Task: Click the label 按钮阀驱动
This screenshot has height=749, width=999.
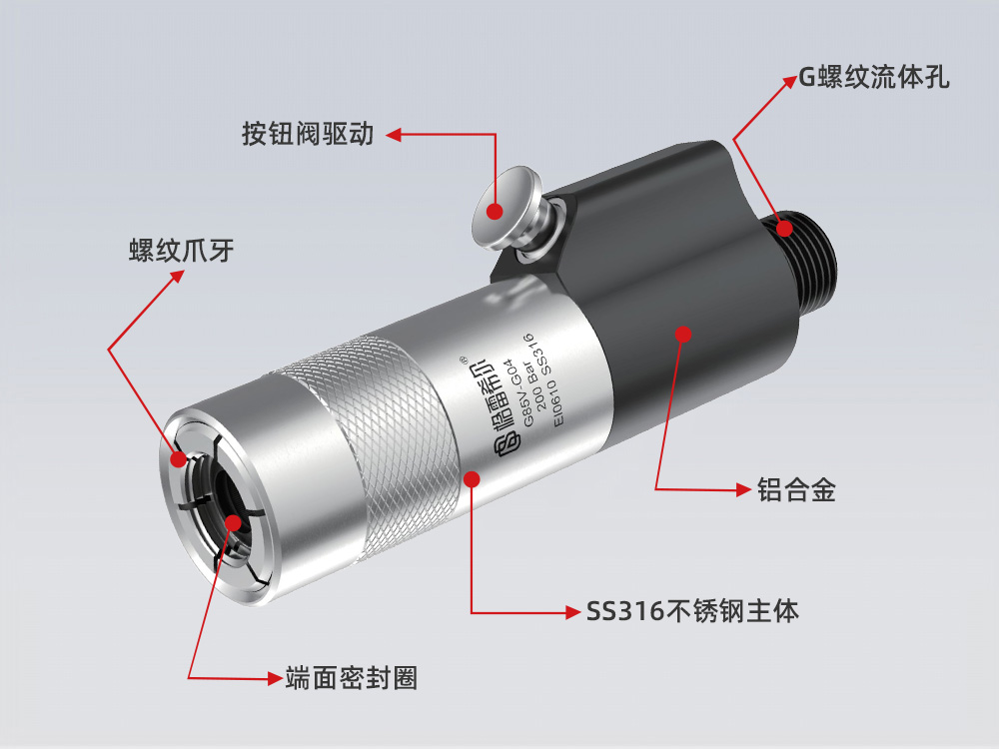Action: [x=308, y=133]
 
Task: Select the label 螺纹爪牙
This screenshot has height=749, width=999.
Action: [x=181, y=250]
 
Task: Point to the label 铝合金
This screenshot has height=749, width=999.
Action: [x=795, y=489]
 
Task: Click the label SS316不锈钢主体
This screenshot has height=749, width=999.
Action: [x=693, y=610]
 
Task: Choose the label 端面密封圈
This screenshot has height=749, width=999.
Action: [x=350, y=678]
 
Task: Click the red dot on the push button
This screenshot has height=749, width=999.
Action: [x=494, y=210]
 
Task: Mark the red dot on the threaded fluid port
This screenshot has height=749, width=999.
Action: [x=786, y=229]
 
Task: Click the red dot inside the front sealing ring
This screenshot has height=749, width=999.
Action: [x=234, y=521]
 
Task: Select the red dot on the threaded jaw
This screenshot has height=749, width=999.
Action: [x=178, y=459]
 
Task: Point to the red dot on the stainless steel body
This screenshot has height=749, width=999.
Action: [x=473, y=478]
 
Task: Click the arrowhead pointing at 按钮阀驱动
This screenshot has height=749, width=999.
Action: [x=394, y=133]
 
